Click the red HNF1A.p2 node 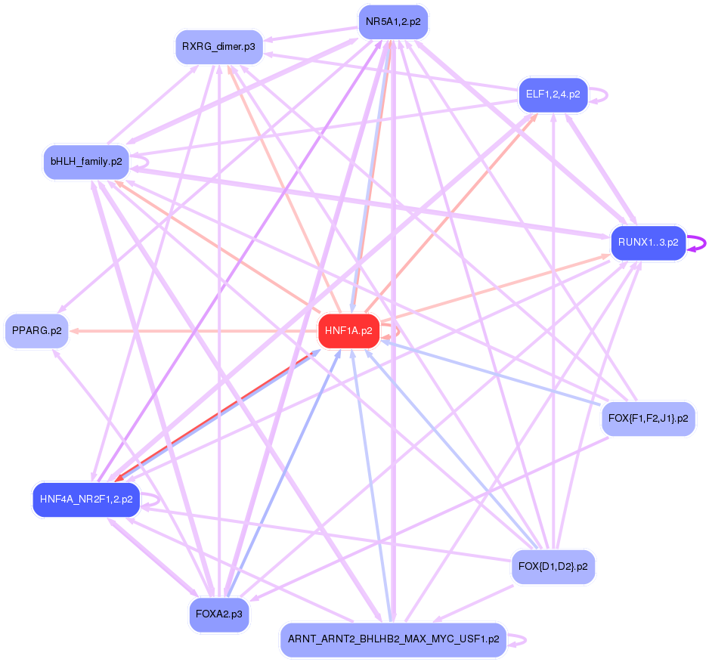click(348, 331)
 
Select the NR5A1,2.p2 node click(393, 22)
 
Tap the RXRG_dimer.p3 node click(218, 47)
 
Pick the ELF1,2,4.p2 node click(553, 94)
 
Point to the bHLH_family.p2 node click(86, 162)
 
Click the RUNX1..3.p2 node click(648, 243)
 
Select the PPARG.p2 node click(36, 331)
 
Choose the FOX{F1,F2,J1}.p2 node click(648, 418)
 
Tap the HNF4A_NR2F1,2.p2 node click(86, 500)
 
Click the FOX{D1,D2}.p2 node click(553, 566)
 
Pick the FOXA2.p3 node click(218, 614)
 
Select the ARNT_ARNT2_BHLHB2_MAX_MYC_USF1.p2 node click(393, 639)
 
